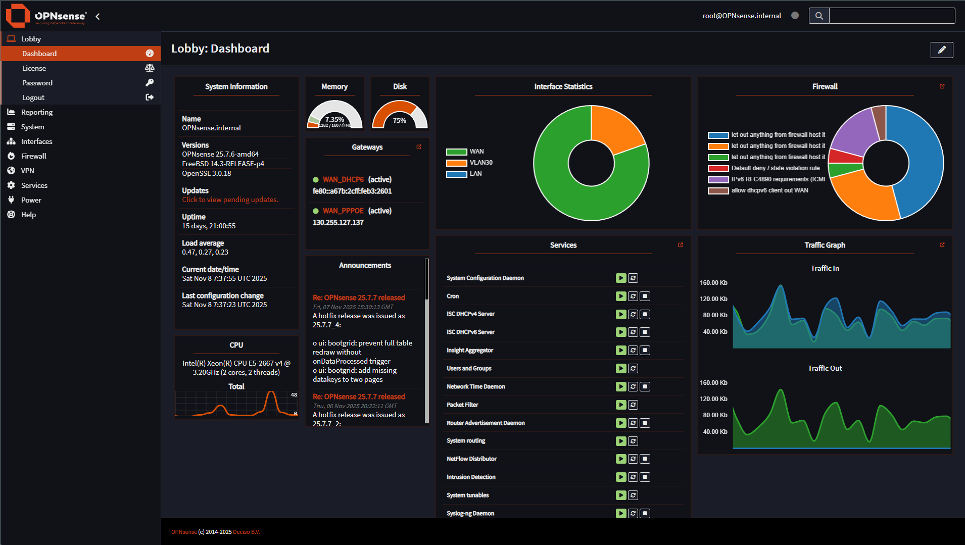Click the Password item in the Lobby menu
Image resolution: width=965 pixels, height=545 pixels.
click(x=37, y=83)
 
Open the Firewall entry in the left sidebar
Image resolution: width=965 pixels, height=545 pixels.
click(x=33, y=156)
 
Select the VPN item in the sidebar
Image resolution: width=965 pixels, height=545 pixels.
click(x=27, y=171)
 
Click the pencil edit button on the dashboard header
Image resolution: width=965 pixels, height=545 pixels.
click(x=941, y=49)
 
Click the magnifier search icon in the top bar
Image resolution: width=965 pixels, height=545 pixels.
click(x=818, y=16)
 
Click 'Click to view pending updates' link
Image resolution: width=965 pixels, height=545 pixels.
click(x=230, y=200)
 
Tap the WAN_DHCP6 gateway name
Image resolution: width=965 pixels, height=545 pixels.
click(x=343, y=179)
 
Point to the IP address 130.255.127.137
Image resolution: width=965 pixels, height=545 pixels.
click(x=338, y=222)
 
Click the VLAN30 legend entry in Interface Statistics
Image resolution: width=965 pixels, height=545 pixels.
click(x=480, y=163)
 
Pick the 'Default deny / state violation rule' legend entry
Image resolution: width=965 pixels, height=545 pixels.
click(x=775, y=168)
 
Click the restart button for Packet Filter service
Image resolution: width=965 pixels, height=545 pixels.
click(x=633, y=405)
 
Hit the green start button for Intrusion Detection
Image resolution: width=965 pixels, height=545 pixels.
click(x=621, y=477)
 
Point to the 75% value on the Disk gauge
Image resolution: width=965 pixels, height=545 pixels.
click(x=400, y=120)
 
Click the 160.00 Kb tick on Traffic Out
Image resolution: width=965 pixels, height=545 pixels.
click(x=713, y=383)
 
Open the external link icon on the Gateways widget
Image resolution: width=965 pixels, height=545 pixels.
click(x=419, y=147)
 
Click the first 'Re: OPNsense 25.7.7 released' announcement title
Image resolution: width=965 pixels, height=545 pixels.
click(x=359, y=298)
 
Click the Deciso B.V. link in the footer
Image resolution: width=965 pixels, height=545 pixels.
click(x=246, y=532)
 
